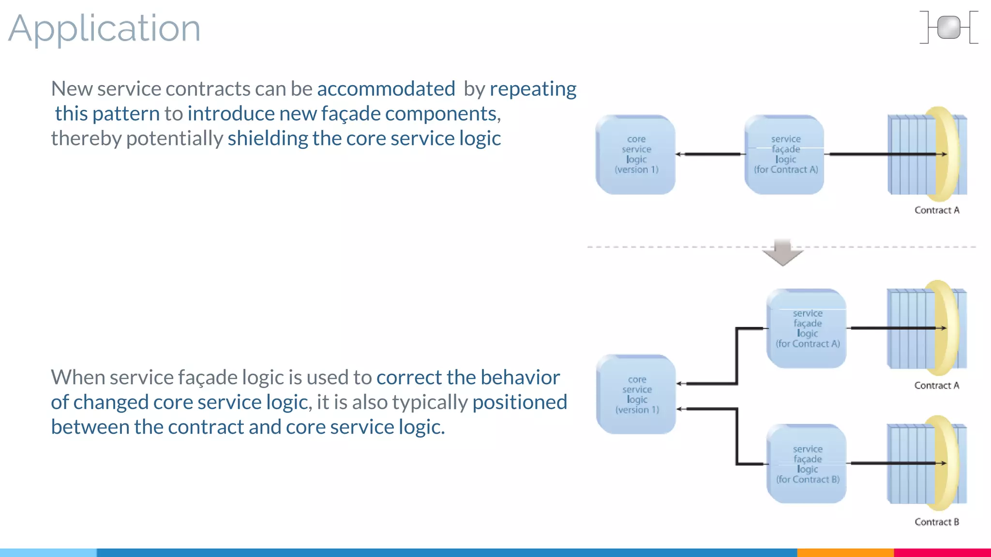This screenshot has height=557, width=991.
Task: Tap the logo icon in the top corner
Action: click(948, 28)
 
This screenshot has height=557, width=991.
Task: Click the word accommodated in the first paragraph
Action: click(386, 89)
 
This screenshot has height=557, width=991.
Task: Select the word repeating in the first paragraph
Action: click(533, 89)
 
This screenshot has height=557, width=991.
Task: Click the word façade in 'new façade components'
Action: click(351, 114)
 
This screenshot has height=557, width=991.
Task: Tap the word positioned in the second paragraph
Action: click(519, 402)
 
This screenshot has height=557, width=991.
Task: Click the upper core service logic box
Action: click(635, 155)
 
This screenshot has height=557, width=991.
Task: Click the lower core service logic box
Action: click(636, 395)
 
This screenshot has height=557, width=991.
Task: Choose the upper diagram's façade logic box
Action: click(784, 155)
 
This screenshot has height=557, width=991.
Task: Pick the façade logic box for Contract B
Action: click(807, 464)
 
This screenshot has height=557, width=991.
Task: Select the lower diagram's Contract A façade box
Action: click(807, 329)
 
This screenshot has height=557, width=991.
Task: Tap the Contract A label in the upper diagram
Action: click(936, 210)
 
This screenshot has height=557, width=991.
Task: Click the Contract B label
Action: click(936, 522)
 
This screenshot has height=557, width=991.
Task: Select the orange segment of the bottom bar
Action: click(845, 552)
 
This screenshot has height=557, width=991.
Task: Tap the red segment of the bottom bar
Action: click(942, 552)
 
